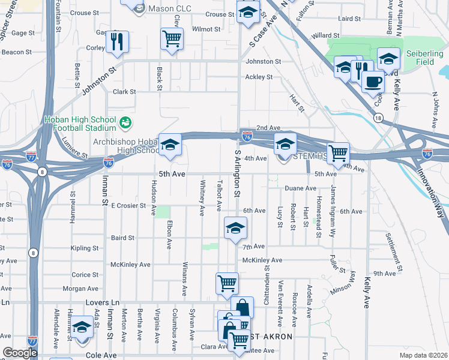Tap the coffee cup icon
coord(373,82)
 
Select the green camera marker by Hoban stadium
coord(125,123)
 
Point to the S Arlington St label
coord(237,174)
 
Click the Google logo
coord(20,353)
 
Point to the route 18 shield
coord(377,119)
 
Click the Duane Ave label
coord(300,188)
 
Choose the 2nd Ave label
coord(268,128)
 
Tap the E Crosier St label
coord(128,205)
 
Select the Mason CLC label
coord(158,8)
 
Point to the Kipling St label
coord(84,248)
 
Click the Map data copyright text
coord(423,355)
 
